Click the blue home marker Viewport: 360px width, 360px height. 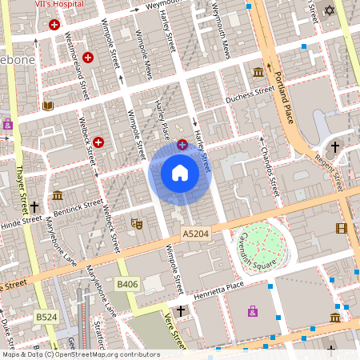coord(179,173)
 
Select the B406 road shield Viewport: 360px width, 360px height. coord(126,284)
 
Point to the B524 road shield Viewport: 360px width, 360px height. coord(46,318)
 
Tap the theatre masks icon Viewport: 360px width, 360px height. coord(137,225)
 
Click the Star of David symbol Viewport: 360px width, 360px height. coord(330,11)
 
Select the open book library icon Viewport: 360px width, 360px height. coord(48,106)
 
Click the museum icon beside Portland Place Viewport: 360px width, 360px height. coord(258,73)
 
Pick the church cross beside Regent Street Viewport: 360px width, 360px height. coord(335,147)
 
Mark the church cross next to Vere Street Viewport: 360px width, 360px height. coord(181,310)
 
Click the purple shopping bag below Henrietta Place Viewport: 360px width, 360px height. coord(253,310)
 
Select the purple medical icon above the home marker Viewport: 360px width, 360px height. coord(182,144)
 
